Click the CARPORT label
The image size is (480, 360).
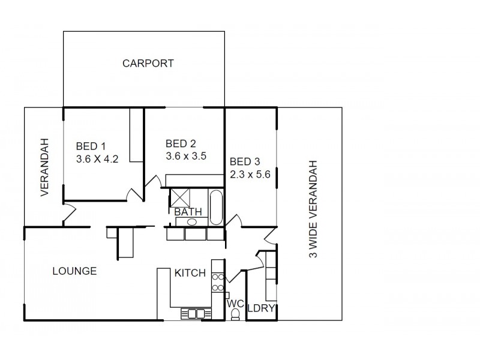[148, 63]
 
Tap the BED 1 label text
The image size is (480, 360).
[91, 146]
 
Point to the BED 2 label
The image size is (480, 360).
[181, 143]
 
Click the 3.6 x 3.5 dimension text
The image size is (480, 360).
[186, 156]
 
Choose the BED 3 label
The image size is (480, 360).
[245, 161]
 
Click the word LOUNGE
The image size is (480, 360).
[74, 271]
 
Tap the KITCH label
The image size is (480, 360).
[190, 273]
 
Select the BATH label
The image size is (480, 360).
[188, 212]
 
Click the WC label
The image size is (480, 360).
[234, 304]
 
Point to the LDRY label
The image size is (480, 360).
[261, 308]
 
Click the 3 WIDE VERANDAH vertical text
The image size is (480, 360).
[312, 209]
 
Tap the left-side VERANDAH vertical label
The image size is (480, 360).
[44, 168]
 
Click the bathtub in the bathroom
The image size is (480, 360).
[215, 207]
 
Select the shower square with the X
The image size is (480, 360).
[179, 197]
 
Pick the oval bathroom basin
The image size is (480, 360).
[191, 222]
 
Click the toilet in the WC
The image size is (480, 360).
[235, 315]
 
